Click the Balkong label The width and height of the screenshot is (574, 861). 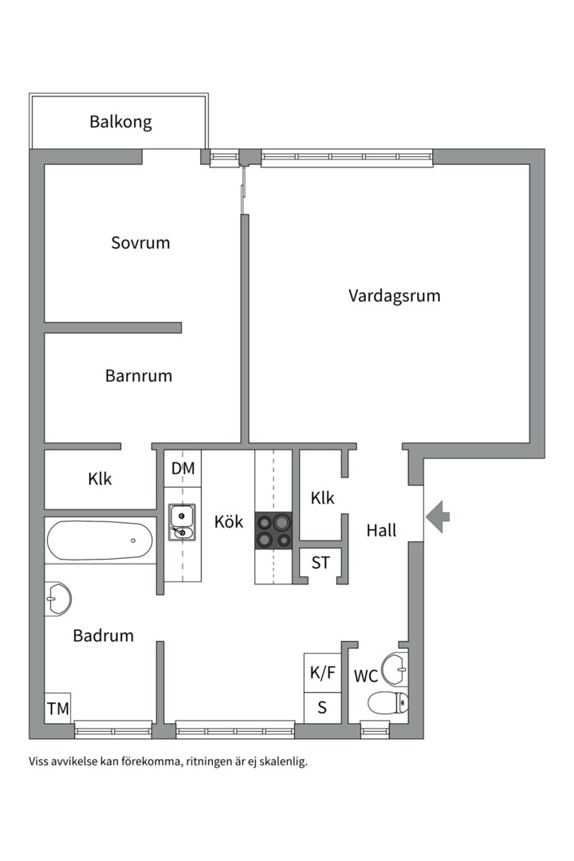(120, 123)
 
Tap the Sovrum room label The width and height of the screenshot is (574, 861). (140, 243)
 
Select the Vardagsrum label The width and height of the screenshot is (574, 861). (394, 296)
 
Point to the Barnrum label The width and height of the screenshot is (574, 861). (139, 375)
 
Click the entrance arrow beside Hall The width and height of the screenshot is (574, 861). (437, 517)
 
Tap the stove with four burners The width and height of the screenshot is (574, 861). (273, 531)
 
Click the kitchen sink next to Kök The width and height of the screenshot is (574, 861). (182, 521)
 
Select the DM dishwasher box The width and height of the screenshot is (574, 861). (183, 469)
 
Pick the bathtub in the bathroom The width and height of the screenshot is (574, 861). (100, 541)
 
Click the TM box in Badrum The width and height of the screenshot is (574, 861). (57, 708)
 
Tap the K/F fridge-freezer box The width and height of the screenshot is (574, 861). (323, 673)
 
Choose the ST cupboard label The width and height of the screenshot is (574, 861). (320, 564)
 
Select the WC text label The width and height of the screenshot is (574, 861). (366, 677)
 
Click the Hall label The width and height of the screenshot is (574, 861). (381, 531)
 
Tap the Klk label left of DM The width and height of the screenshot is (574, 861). (100, 479)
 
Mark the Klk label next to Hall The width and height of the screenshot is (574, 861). (322, 498)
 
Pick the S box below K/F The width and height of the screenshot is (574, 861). (322, 707)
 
